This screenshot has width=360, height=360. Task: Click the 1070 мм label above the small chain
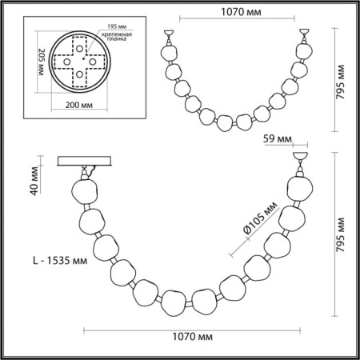236,13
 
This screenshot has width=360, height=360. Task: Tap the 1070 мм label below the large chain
190,338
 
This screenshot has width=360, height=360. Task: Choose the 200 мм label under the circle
77,105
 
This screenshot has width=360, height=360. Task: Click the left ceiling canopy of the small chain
170,36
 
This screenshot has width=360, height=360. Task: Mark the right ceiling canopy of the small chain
304,36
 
